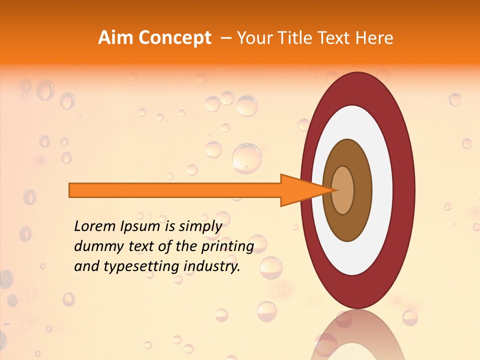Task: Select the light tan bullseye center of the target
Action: click(343, 190)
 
